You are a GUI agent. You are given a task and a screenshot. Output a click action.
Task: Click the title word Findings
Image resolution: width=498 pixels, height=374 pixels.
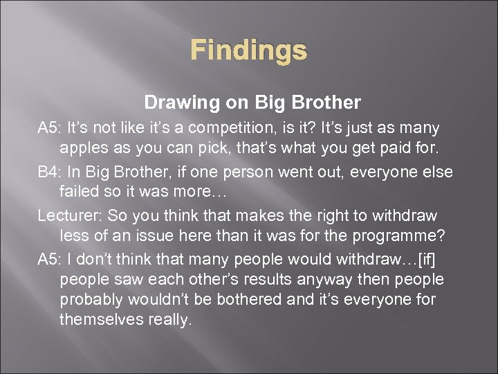(248, 50)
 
